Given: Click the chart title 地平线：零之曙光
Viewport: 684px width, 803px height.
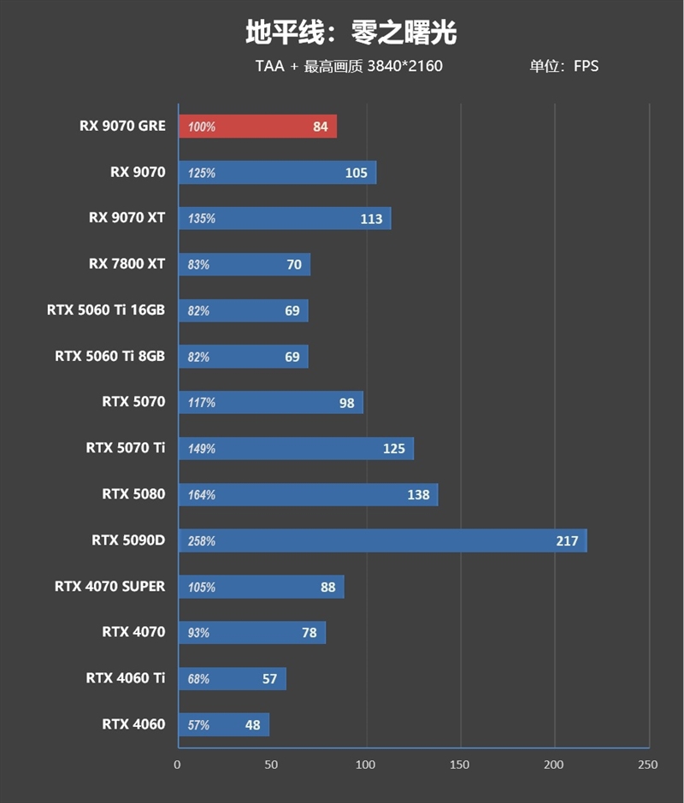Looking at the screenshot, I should pyautogui.click(x=351, y=32).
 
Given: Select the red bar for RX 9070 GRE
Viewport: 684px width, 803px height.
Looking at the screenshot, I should pyautogui.click(x=256, y=127).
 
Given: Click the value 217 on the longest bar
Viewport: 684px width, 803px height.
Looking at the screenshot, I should pyautogui.click(x=567, y=540).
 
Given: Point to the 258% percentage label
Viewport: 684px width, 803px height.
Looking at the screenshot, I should pyautogui.click(x=202, y=541).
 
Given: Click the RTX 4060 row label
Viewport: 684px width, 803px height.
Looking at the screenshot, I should pyautogui.click(x=133, y=724).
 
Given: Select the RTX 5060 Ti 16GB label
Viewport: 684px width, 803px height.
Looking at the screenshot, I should pyautogui.click(x=106, y=310).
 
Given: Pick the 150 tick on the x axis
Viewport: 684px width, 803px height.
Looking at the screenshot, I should pyautogui.click(x=460, y=765).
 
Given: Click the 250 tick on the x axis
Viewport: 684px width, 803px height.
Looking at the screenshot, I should pyautogui.click(x=647, y=765).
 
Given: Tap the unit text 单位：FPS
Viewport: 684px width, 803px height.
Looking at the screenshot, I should pyautogui.click(x=564, y=66).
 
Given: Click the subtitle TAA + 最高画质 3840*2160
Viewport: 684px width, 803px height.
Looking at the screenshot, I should pyautogui.click(x=349, y=66).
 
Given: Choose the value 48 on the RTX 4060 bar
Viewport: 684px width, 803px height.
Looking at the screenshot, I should pyautogui.click(x=252, y=725).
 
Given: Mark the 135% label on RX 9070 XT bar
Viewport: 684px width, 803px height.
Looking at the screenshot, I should pyautogui.click(x=202, y=219).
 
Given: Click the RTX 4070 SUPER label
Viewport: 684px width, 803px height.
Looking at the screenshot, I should pyautogui.click(x=110, y=587).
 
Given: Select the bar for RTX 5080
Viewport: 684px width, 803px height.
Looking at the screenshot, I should pyautogui.click(x=308, y=494).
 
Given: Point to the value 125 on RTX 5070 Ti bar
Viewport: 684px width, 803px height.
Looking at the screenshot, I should pyautogui.click(x=394, y=449).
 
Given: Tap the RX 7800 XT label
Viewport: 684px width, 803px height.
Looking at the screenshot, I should pyautogui.click(x=127, y=264).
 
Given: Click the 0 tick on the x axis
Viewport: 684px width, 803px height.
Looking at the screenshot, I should pyautogui.click(x=178, y=765).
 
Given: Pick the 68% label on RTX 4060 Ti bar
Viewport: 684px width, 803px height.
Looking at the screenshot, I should pyautogui.click(x=199, y=679).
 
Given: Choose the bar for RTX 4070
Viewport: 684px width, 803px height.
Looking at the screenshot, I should pyautogui.click(x=251, y=633).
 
